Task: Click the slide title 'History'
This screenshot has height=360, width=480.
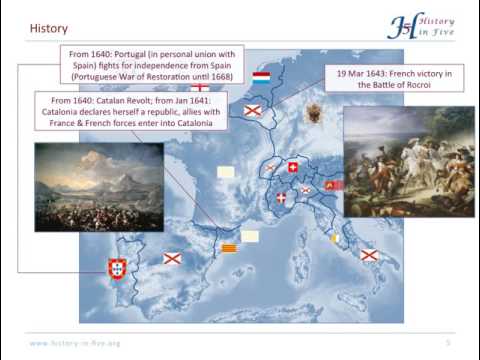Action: [48, 29]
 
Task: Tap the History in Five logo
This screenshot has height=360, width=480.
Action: [420, 25]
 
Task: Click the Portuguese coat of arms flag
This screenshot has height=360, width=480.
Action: [117, 268]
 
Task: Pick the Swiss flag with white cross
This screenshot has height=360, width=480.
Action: [293, 168]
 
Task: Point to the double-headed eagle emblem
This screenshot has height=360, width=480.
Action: [315, 112]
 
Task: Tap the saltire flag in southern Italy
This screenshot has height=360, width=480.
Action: [369, 256]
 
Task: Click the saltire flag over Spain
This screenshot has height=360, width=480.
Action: [172, 259]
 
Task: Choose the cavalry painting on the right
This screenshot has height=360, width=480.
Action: [394, 162]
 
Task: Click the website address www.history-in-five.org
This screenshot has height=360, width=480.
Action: [75, 343]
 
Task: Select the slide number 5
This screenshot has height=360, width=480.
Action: [448, 343]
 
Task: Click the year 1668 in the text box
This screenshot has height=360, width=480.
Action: [225, 76]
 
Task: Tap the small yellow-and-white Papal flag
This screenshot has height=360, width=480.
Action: [335, 238]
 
